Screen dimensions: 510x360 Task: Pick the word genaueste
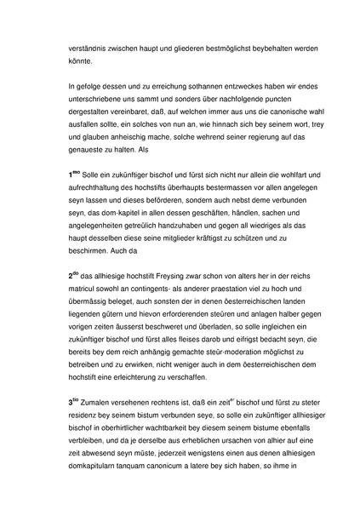tap(77, 156)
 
